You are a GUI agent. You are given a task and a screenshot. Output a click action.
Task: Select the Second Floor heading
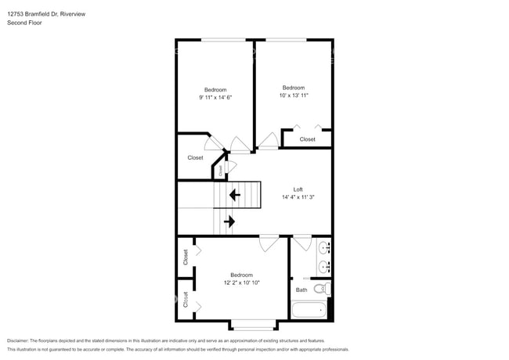tap(24, 23)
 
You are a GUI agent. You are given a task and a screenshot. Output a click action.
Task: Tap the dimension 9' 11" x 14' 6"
tap(215, 96)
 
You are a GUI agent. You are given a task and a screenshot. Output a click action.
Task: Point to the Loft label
tap(298, 189)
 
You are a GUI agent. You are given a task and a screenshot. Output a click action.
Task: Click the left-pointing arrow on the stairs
tap(233, 195)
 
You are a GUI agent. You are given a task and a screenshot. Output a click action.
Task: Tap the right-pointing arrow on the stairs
tap(229, 221)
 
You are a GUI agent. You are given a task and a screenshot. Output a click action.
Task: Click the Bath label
tap(301, 290)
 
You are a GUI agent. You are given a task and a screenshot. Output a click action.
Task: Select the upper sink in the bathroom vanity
tap(323, 248)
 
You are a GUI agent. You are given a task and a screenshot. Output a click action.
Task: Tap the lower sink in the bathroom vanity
tap(323, 267)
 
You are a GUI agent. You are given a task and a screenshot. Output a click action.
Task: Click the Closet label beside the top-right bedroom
tap(307, 139)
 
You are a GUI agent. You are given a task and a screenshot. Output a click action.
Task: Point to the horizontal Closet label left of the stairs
tap(195, 157)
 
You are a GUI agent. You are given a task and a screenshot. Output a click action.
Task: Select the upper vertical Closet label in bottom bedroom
tap(186, 257)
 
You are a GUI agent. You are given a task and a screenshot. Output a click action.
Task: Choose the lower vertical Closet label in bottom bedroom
tap(186, 299)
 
